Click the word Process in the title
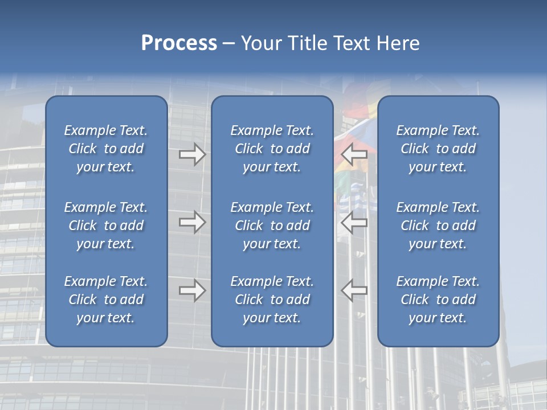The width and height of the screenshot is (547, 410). click(179, 43)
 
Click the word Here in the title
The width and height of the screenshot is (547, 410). click(398, 43)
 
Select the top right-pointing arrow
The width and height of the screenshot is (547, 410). click(192, 154)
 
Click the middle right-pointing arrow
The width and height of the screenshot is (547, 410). click(192, 222)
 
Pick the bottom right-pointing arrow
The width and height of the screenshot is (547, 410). click(192, 290)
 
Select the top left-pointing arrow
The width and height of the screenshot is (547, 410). click(354, 153)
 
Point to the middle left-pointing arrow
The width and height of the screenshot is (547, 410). click(354, 222)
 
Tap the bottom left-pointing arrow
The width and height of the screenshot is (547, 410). click(354, 290)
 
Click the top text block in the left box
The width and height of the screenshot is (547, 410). click(106, 149)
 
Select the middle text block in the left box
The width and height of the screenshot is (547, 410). click(106, 225)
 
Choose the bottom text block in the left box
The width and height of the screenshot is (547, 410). click(106, 300)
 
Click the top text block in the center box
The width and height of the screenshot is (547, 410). click(272, 149)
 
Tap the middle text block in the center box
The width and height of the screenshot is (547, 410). click(272, 225)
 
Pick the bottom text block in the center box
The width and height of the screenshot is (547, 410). click(272, 300)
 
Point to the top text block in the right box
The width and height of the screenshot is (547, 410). click(438, 149)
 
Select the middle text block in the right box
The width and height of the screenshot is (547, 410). click(438, 225)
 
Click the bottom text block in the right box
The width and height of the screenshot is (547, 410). click(438, 300)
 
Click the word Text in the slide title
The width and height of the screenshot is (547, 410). click(352, 43)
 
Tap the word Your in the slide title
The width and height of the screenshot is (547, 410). click(260, 43)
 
